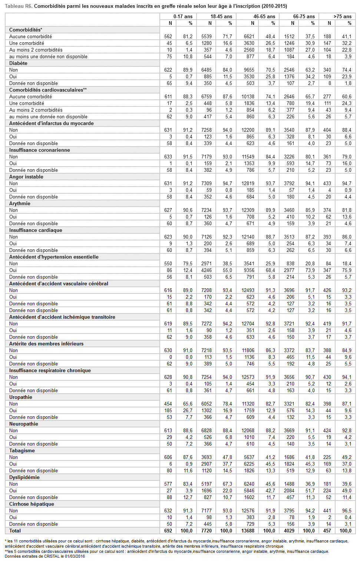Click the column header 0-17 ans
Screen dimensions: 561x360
[x=183, y=16]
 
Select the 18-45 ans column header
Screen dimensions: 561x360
[x=221, y=16]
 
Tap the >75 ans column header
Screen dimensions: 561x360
[x=342, y=16]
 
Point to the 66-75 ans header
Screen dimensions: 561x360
[x=304, y=16]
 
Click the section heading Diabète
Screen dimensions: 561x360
[x=18, y=63]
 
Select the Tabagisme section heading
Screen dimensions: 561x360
[x=22, y=450]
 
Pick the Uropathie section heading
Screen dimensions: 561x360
[x=21, y=397]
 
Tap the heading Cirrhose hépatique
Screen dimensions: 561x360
[x=32, y=504]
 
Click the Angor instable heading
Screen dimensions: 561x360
[x=26, y=177]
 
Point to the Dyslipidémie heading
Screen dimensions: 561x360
[x=24, y=477]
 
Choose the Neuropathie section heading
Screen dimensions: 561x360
[x=24, y=424]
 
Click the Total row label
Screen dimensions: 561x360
[x=15, y=531]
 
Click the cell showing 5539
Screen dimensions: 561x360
[x=207, y=36]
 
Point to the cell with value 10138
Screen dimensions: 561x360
[x=248, y=96]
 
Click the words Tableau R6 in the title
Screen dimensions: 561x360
[x=18, y=6]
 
